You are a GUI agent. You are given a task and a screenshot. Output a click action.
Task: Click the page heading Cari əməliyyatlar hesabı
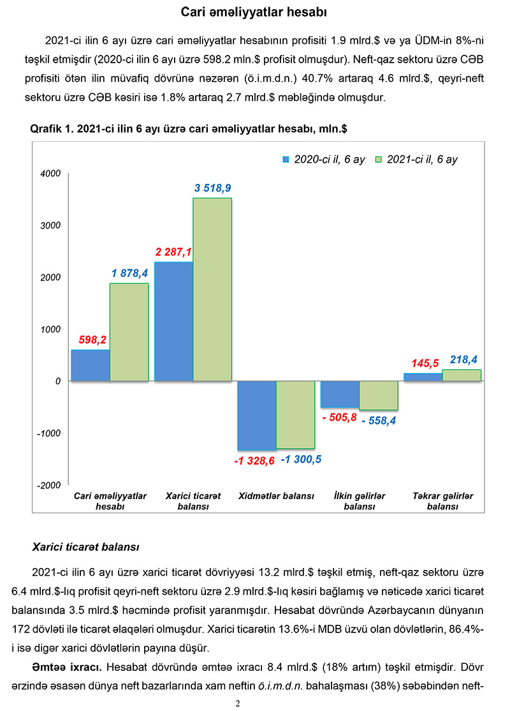click(x=255, y=12)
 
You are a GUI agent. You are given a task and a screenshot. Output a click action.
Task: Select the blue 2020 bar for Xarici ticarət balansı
click(x=173, y=321)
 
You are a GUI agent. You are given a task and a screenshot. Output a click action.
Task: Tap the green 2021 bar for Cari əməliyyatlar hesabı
click(x=129, y=332)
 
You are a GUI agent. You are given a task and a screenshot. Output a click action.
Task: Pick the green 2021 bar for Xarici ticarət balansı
click(x=212, y=289)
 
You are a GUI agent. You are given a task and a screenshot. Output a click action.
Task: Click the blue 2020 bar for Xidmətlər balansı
click(x=256, y=415)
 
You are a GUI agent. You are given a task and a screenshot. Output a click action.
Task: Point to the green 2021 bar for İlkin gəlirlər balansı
click(x=379, y=395)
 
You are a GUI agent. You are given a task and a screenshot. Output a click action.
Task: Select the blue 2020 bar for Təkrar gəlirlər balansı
click(x=423, y=377)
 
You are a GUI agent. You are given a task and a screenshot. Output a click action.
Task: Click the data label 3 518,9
click(x=212, y=188)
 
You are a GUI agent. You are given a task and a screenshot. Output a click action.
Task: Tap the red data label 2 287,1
click(x=173, y=251)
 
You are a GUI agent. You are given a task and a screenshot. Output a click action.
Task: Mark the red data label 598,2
click(x=92, y=340)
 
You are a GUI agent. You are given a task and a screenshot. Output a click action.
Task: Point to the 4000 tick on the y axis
click(x=51, y=174)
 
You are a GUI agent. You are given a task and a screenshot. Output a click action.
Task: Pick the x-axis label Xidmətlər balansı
click(x=276, y=496)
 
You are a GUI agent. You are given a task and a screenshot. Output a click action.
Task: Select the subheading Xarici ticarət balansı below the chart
click(x=86, y=547)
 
